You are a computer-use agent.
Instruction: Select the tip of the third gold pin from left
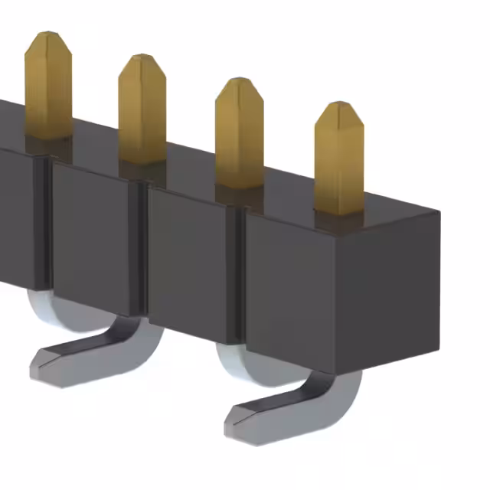239,81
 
